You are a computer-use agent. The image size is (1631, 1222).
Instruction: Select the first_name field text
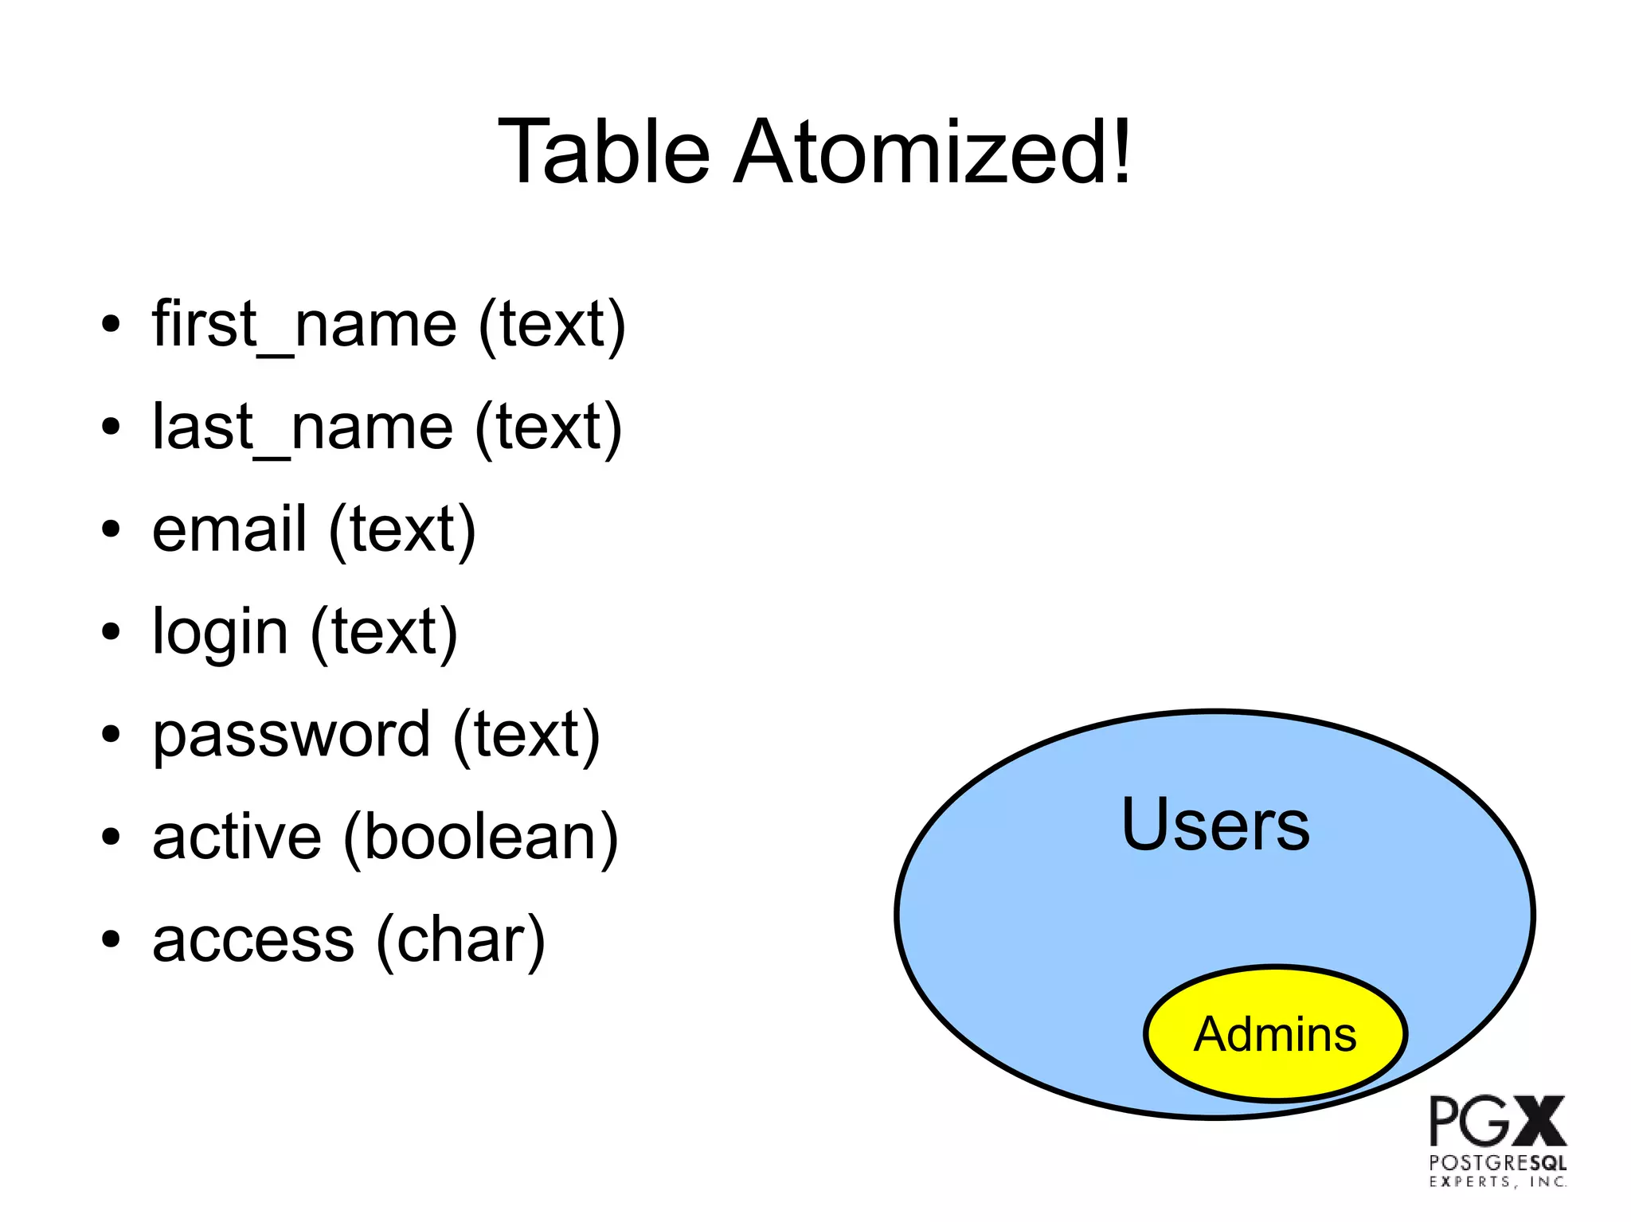click(x=304, y=325)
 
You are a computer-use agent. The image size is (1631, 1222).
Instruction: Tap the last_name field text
click(x=303, y=428)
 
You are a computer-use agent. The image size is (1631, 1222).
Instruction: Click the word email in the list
click(x=229, y=529)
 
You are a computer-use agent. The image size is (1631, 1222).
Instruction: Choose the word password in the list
click(x=291, y=735)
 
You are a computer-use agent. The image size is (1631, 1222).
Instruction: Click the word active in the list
click(x=237, y=837)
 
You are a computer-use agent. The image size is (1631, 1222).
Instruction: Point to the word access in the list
click(x=252, y=940)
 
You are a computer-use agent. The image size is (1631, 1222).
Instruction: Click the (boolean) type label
click(x=480, y=837)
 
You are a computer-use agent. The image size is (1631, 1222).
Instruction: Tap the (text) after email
click(x=402, y=530)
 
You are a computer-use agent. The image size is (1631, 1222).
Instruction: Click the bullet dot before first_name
click(x=111, y=325)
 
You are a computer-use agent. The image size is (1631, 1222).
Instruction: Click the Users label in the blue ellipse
click(x=1215, y=825)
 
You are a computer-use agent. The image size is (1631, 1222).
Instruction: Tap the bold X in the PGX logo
click(x=1539, y=1121)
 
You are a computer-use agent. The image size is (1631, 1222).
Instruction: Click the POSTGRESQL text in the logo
click(x=1497, y=1163)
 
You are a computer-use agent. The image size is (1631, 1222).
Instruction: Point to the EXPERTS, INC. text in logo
click(x=1497, y=1182)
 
